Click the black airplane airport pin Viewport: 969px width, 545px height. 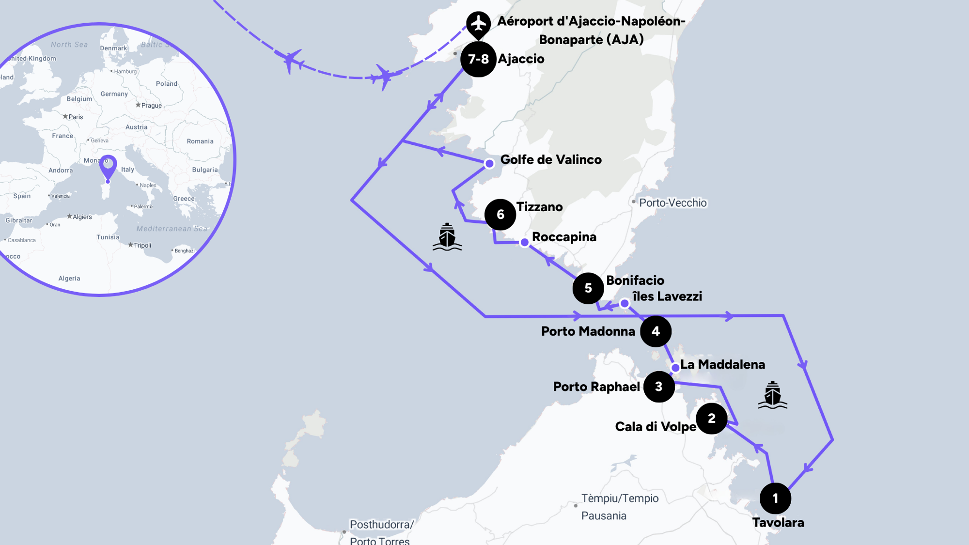pyautogui.click(x=478, y=24)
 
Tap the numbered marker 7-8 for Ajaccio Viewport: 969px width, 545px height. pyautogui.click(x=478, y=59)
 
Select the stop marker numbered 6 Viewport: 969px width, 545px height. pyautogui.click(x=500, y=215)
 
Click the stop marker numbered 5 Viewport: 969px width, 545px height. pyautogui.click(x=588, y=288)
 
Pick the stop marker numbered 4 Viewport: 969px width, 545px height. pyautogui.click(x=656, y=331)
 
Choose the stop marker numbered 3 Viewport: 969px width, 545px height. pyautogui.click(x=659, y=387)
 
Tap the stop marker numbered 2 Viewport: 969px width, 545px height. pyautogui.click(x=711, y=419)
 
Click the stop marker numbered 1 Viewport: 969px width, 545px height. pyautogui.click(x=775, y=498)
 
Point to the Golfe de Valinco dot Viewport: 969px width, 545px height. pyautogui.click(x=489, y=164)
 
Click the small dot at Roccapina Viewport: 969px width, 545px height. pyautogui.click(x=524, y=242)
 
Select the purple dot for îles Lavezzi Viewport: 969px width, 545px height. pyautogui.click(x=625, y=304)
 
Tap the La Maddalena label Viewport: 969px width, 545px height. pyautogui.click(x=722, y=364)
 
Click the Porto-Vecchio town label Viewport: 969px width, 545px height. pyautogui.click(x=672, y=202)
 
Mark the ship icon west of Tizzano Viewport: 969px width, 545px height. pyautogui.click(x=447, y=237)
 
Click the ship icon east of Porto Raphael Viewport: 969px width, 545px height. pyautogui.click(x=772, y=395)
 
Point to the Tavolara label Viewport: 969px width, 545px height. pyautogui.click(x=778, y=522)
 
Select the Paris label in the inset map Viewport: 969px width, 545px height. pyautogui.click(x=76, y=117)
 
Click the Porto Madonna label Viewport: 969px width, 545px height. pyautogui.click(x=588, y=331)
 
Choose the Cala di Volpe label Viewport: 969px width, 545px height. pyautogui.click(x=655, y=427)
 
